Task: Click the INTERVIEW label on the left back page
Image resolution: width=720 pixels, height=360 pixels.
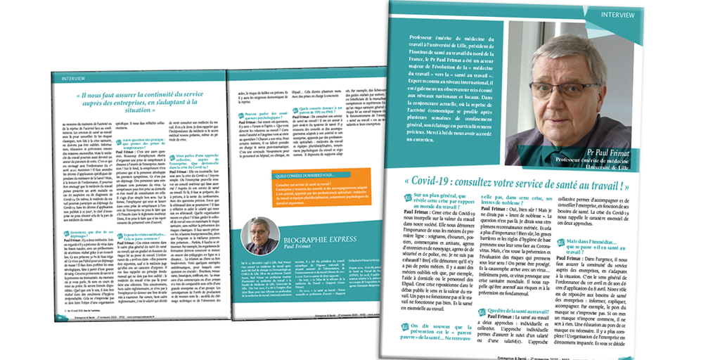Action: (x=74, y=79)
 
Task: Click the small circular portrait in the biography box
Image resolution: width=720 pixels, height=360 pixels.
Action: (x=259, y=236)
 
